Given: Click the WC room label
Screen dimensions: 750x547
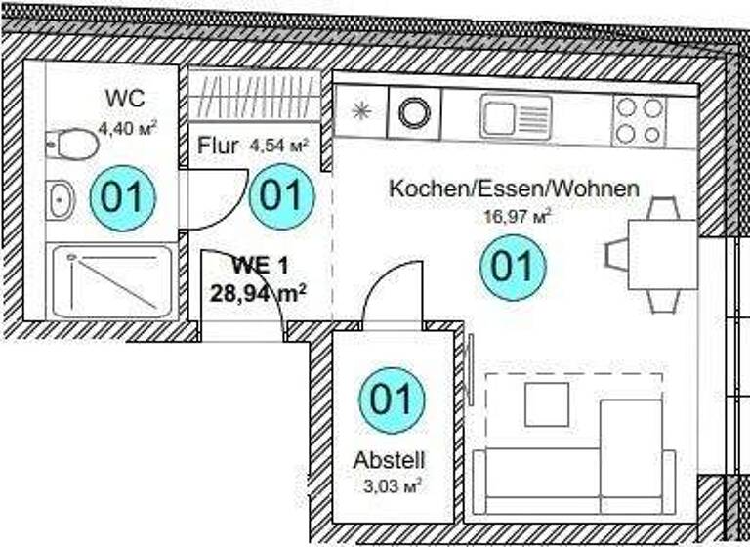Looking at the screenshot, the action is pyautogui.click(x=124, y=98).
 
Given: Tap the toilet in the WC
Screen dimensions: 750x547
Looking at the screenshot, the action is pyautogui.click(x=74, y=146).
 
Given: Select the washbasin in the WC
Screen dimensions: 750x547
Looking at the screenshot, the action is pyautogui.click(x=61, y=200).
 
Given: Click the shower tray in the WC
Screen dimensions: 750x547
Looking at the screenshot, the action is pyautogui.click(x=111, y=281).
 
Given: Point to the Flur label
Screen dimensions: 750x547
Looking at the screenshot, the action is pyautogui.click(x=218, y=147).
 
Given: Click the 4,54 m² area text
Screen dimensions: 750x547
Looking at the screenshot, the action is pyautogui.click(x=279, y=147).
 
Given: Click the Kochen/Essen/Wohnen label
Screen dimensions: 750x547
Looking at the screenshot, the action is pyautogui.click(x=514, y=189).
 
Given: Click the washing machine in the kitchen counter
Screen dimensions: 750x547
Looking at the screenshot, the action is pyautogui.click(x=415, y=112).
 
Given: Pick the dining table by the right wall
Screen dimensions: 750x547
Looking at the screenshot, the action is pyautogui.click(x=661, y=254).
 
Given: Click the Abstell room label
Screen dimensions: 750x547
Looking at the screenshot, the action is pyautogui.click(x=391, y=461).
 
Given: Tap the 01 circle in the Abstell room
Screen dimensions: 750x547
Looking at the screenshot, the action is pyautogui.click(x=392, y=400).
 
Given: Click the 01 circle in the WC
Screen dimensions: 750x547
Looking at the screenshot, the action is pyautogui.click(x=123, y=198).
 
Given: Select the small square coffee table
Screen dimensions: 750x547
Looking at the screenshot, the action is pyautogui.click(x=546, y=403).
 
